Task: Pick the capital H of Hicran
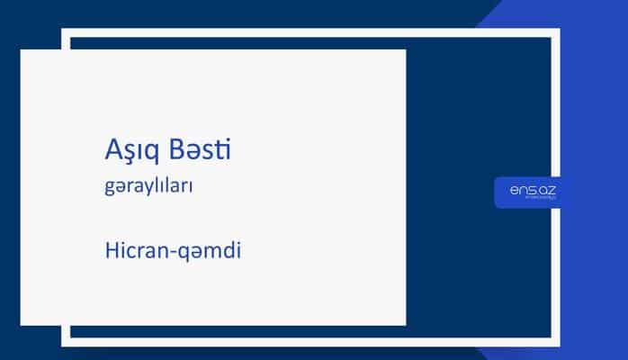click(108, 248)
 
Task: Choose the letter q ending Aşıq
click(149, 154)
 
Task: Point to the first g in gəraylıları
click(108, 191)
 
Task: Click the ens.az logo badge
click(528, 192)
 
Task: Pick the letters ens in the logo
click(516, 190)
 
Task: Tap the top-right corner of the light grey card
click(405, 50)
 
